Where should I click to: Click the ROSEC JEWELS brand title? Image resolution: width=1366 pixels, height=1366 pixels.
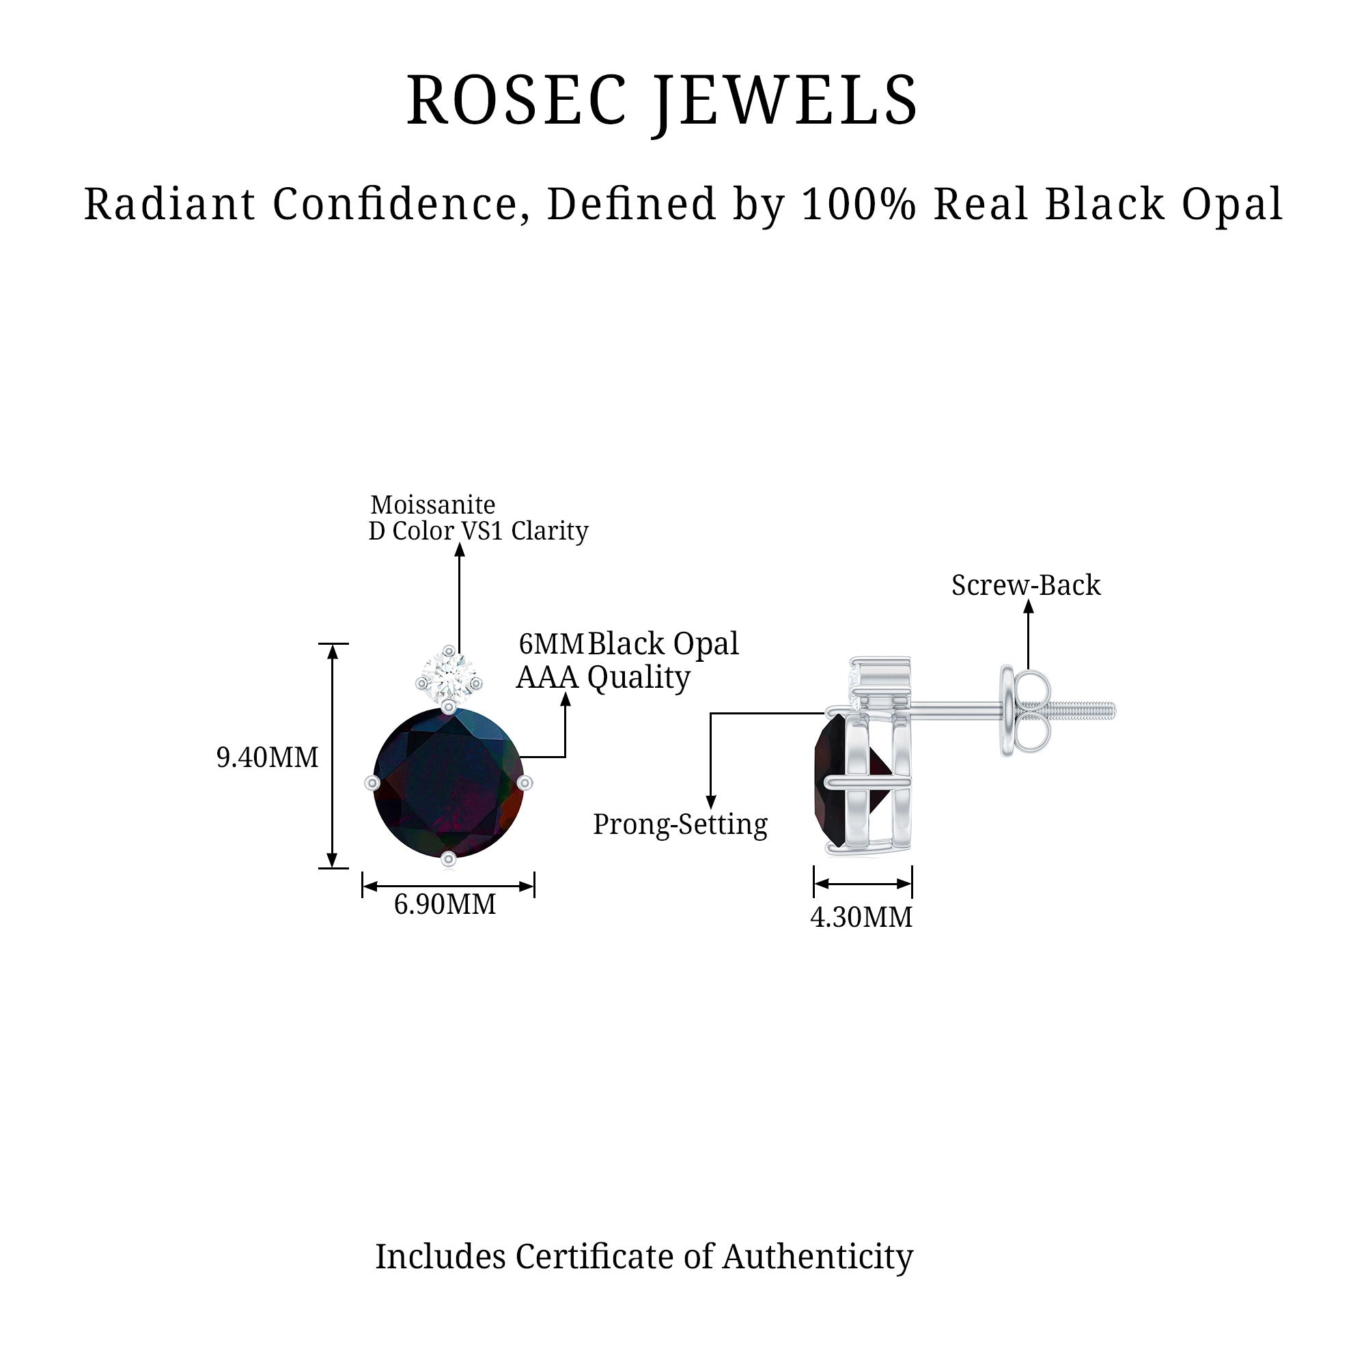point(662,101)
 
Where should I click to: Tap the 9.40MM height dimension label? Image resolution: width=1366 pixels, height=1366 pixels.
point(267,757)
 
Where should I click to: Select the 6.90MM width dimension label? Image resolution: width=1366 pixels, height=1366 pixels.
point(445,904)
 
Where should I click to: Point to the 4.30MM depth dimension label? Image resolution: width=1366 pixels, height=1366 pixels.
point(861,917)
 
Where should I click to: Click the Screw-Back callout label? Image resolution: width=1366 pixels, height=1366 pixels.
point(1026,585)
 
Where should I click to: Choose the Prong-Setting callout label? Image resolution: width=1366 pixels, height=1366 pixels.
point(680,824)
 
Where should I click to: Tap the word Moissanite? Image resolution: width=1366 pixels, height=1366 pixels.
point(433,505)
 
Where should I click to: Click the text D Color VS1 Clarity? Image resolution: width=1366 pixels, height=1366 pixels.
point(479,531)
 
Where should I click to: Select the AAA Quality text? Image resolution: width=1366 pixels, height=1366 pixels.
point(603,678)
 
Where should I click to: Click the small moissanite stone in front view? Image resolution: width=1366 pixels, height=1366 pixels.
point(448,678)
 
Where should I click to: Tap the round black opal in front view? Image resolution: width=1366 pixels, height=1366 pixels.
point(448,783)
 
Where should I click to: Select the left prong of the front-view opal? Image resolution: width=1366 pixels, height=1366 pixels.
point(372,783)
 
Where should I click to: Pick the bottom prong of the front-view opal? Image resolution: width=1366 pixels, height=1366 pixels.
point(448,859)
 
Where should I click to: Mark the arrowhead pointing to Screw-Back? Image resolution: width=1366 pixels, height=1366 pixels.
point(1029,606)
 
